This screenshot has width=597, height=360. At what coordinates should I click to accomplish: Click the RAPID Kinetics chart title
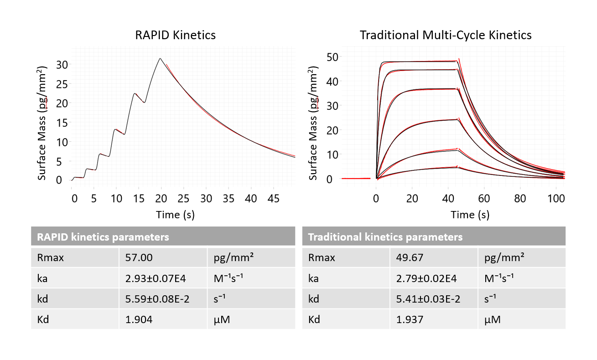coord(175,35)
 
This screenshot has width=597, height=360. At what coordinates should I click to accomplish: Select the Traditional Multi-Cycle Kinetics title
coord(445,35)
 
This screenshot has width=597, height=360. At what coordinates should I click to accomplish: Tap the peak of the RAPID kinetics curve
coord(160,58)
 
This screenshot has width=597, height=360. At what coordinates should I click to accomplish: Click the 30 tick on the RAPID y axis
coord(62,64)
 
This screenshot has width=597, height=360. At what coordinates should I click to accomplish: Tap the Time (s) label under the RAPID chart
coord(175,215)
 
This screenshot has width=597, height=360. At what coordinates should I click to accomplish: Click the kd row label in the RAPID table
coord(42,299)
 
